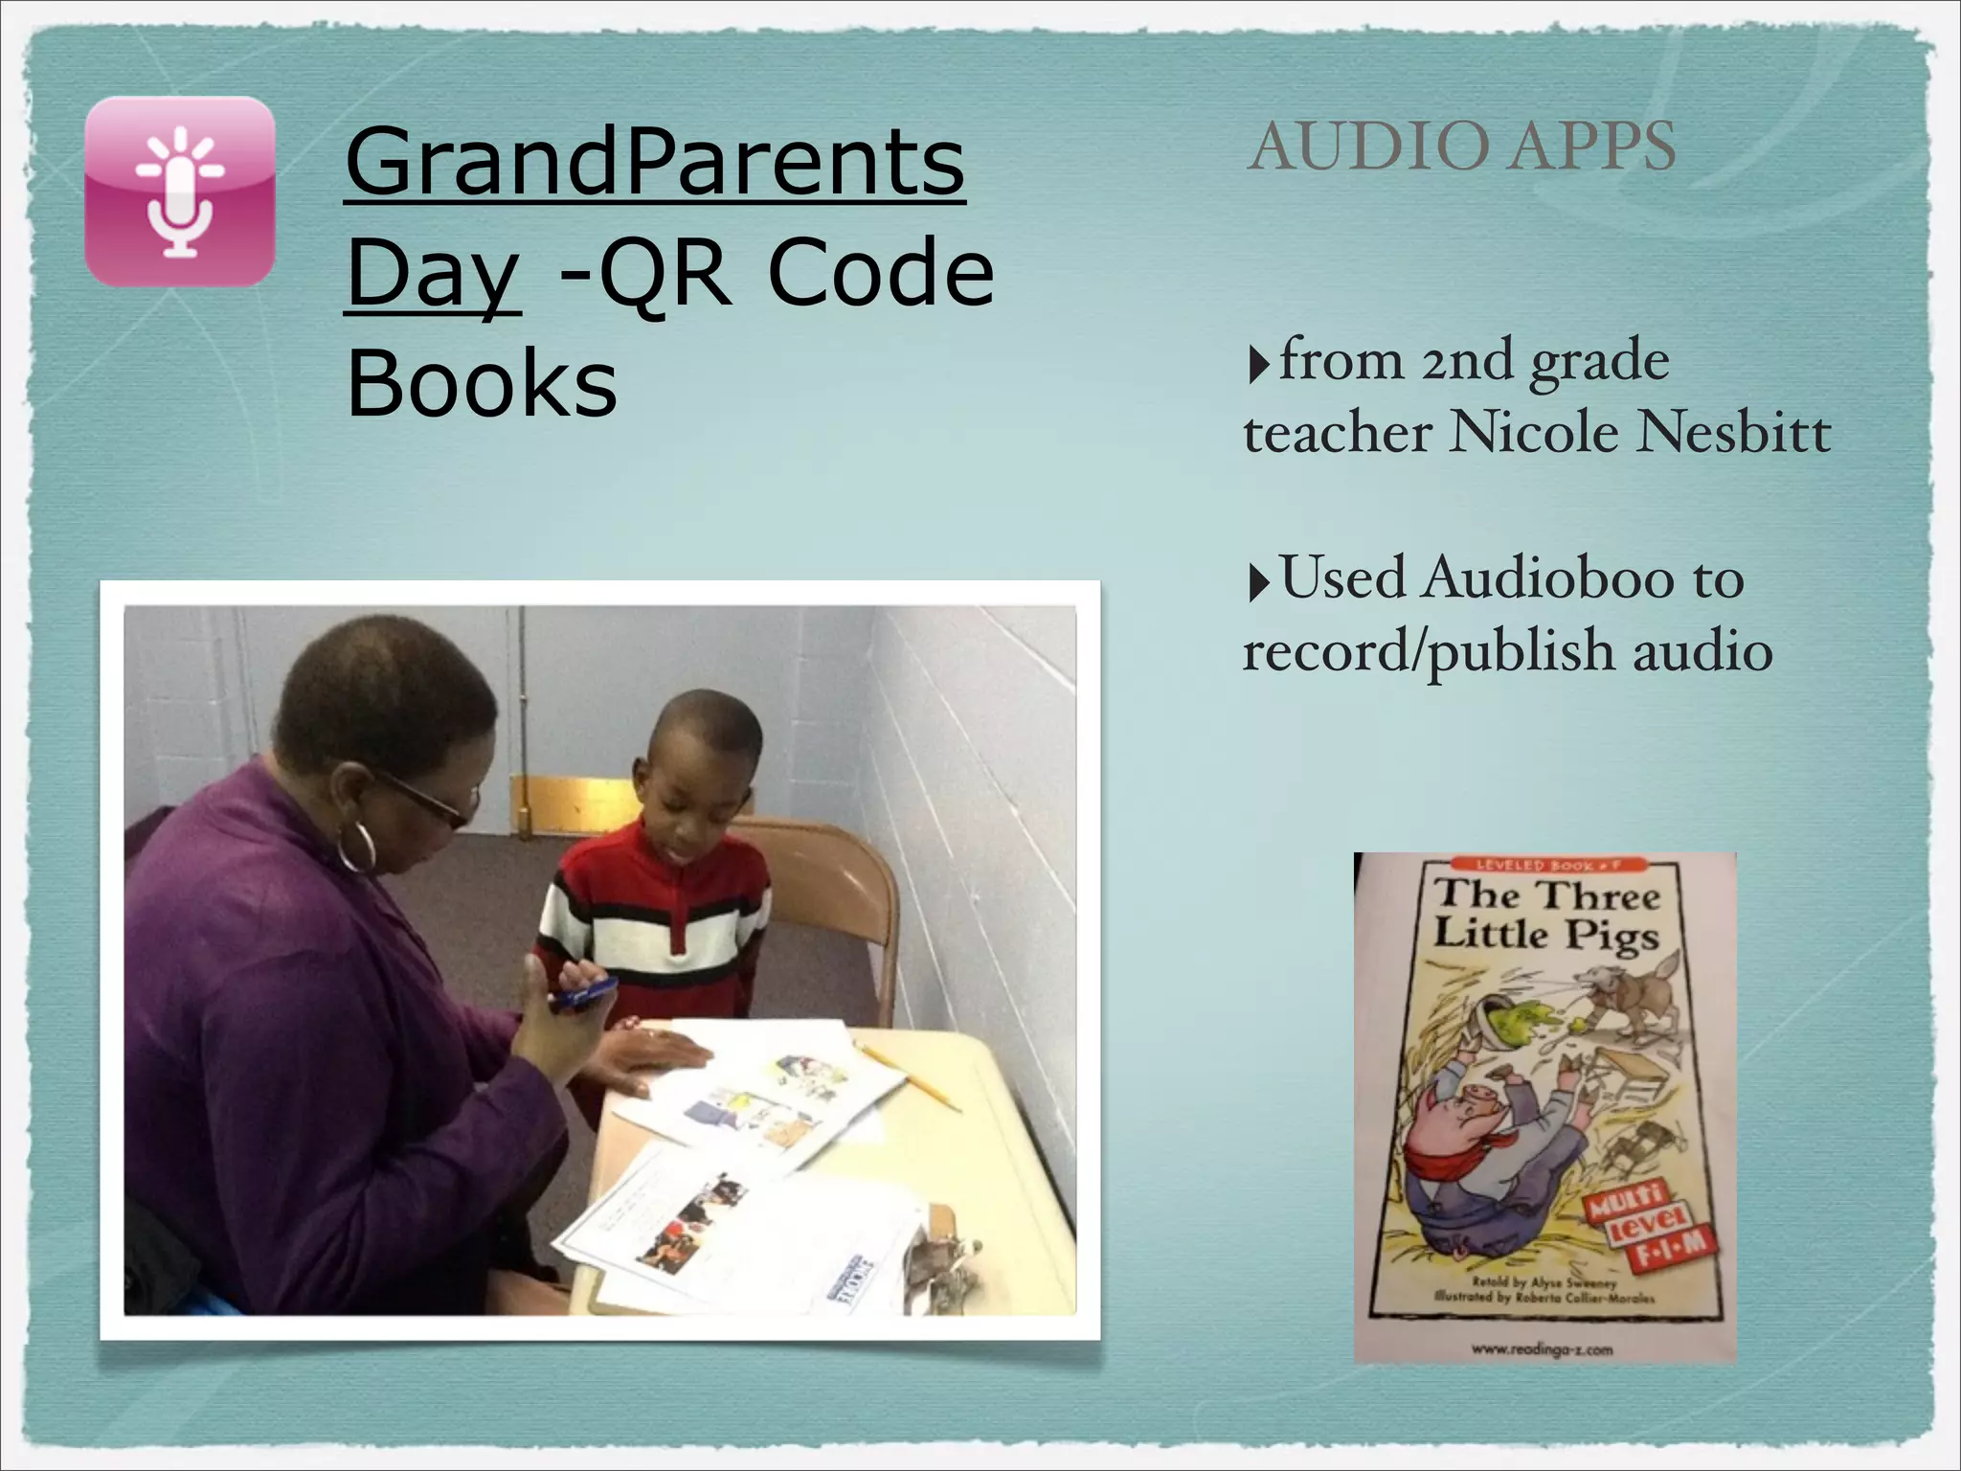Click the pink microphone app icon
[180, 192]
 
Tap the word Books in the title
[482, 383]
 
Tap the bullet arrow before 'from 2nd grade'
[1258, 365]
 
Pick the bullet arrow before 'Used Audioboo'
[1258, 582]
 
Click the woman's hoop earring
[357, 844]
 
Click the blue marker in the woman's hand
[582, 993]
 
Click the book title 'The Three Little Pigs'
[1545, 914]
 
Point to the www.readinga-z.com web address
[1542, 1349]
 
